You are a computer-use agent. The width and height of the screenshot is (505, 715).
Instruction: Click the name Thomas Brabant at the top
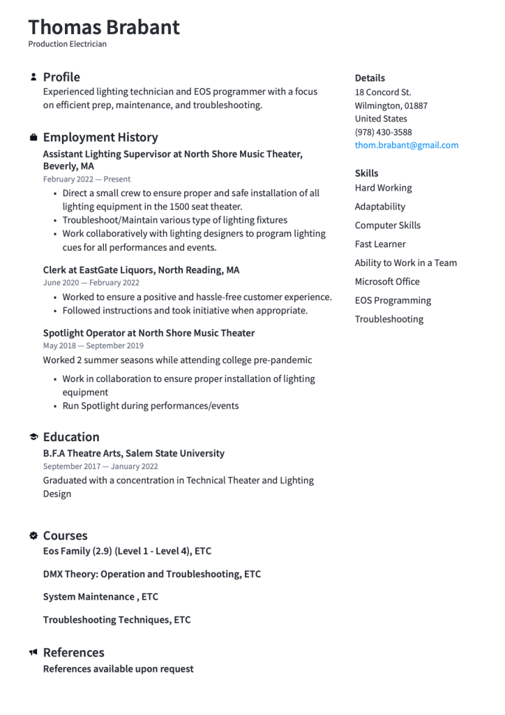(104, 27)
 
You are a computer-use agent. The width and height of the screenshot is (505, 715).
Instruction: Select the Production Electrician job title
(68, 44)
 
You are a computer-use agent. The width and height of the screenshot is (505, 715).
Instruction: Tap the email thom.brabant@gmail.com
(406, 145)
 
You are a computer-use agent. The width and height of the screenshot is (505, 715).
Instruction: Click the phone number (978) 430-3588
(383, 132)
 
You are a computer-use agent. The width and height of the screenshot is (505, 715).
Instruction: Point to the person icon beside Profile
(33, 77)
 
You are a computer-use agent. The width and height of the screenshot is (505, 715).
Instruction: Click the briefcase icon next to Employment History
(33, 137)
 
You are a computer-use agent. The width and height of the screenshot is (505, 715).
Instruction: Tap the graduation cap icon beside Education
(33, 436)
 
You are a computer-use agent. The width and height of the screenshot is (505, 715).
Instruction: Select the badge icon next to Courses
(33, 536)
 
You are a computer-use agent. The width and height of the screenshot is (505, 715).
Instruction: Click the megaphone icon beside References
(33, 652)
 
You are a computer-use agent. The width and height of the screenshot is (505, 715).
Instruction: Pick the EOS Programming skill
(393, 300)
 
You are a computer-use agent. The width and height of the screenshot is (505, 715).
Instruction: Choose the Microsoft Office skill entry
(387, 281)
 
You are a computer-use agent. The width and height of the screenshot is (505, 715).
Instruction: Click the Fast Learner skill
(379, 244)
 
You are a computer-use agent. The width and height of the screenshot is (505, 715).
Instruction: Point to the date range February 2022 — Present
(86, 179)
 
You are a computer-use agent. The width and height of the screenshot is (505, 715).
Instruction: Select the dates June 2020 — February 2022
(91, 283)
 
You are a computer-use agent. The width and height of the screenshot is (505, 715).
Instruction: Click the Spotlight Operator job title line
(149, 333)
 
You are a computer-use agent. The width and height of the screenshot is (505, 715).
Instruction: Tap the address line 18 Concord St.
(382, 92)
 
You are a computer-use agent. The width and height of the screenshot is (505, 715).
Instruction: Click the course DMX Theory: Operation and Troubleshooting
(151, 574)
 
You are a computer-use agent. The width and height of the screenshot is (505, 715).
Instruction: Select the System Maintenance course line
(100, 597)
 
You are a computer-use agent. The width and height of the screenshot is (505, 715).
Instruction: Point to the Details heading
(370, 78)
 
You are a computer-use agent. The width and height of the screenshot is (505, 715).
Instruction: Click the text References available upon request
(118, 669)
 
